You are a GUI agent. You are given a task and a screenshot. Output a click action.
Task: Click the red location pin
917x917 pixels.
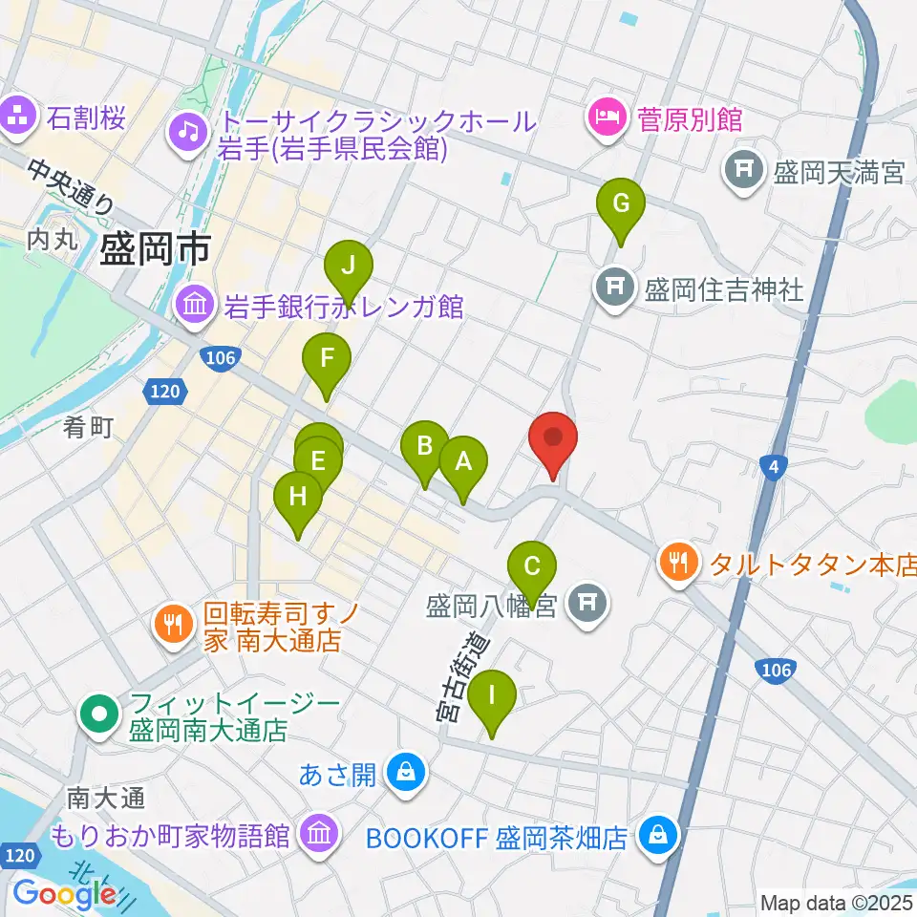553,439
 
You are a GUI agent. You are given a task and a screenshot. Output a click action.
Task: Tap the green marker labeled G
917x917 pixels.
621,204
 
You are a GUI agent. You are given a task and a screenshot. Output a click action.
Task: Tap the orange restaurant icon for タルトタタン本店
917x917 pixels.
679,563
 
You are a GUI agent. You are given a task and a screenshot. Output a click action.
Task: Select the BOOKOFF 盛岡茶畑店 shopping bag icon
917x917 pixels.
658,837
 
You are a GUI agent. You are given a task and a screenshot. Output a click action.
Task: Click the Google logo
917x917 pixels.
65,893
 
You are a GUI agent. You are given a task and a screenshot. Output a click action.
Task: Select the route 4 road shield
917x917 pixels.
773,466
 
